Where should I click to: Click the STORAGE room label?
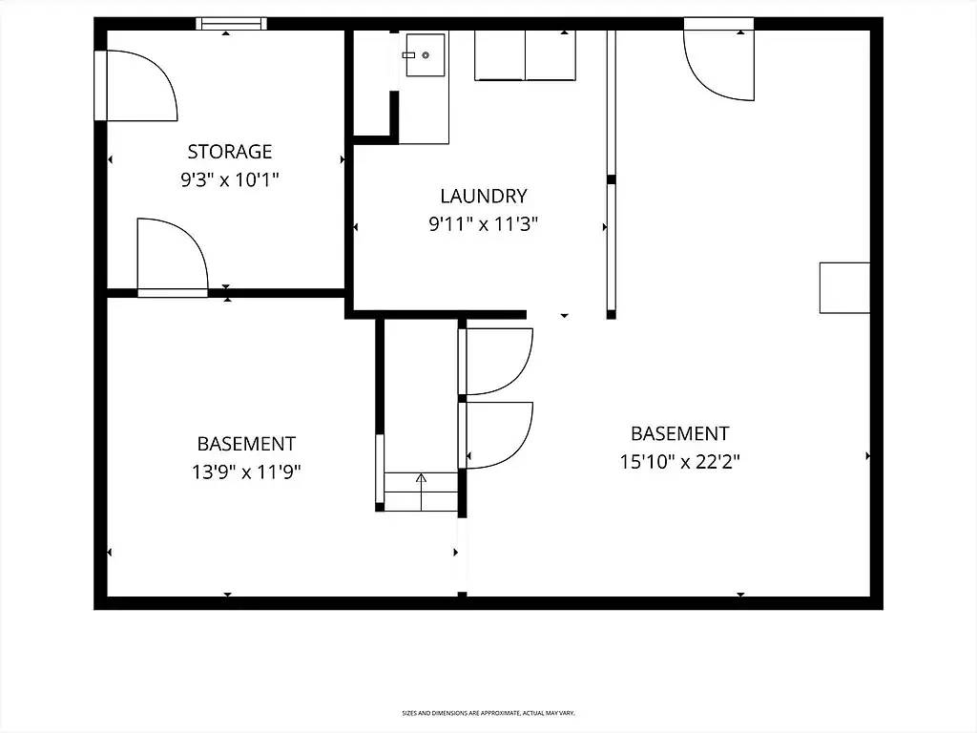[x=229, y=152]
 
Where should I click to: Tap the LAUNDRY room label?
[x=483, y=197]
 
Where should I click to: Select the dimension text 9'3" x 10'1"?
[x=229, y=179]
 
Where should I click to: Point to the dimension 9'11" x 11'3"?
[x=483, y=225]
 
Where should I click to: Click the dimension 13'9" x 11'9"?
[x=246, y=471]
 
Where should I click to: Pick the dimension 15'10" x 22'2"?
[x=679, y=462]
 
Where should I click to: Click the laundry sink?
[x=424, y=55]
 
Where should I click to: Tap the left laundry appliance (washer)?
[x=500, y=55]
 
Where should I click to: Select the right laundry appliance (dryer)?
[x=551, y=55]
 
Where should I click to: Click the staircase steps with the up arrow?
[x=421, y=491]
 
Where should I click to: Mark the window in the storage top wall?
[x=231, y=24]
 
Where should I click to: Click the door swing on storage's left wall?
[x=138, y=86]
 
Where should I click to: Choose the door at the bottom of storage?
[x=172, y=256]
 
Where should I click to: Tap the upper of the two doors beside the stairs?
[x=496, y=361]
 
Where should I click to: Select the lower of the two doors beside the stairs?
[x=496, y=435]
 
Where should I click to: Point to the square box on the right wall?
[x=844, y=287]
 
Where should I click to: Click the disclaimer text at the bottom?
[x=488, y=713]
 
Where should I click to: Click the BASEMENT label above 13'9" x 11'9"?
[x=246, y=444]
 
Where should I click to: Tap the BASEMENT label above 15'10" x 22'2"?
[x=679, y=433]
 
